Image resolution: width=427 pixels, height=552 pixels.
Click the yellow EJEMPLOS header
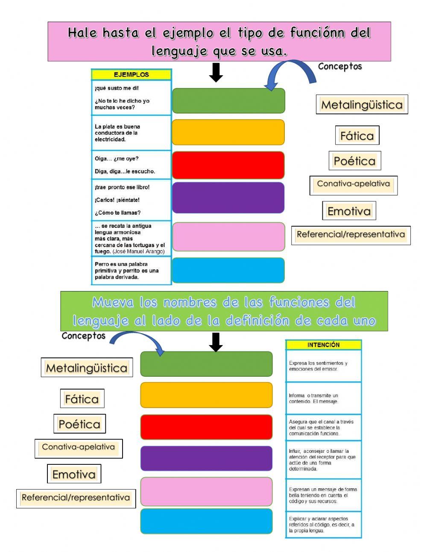(x=131, y=74)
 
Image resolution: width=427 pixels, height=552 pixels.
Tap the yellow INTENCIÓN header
(x=323, y=345)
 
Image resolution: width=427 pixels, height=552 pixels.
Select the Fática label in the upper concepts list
(x=357, y=136)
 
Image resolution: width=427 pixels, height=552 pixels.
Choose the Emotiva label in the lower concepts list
(x=74, y=474)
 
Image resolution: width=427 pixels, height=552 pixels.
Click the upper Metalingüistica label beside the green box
(x=362, y=104)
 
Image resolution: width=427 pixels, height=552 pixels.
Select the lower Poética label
(x=79, y=424)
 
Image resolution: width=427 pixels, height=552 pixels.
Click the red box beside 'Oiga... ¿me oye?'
(x=228, y=165)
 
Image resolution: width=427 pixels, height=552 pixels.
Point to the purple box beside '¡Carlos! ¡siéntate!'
(x=228, y=198)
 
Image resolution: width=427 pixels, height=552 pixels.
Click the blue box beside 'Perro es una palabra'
(x=228, y=270)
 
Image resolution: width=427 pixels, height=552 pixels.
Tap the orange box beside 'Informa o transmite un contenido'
(x=206, y=395)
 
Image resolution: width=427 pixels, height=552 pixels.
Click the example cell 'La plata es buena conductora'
(x=131, y=133)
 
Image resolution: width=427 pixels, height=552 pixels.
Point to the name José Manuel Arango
(x=138, y=251)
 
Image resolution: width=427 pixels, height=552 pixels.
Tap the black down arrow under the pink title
(x=216, y=73)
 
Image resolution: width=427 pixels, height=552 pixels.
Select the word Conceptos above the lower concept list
(x=83, y=336)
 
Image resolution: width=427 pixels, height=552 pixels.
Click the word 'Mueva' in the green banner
(x=113, y=302)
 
